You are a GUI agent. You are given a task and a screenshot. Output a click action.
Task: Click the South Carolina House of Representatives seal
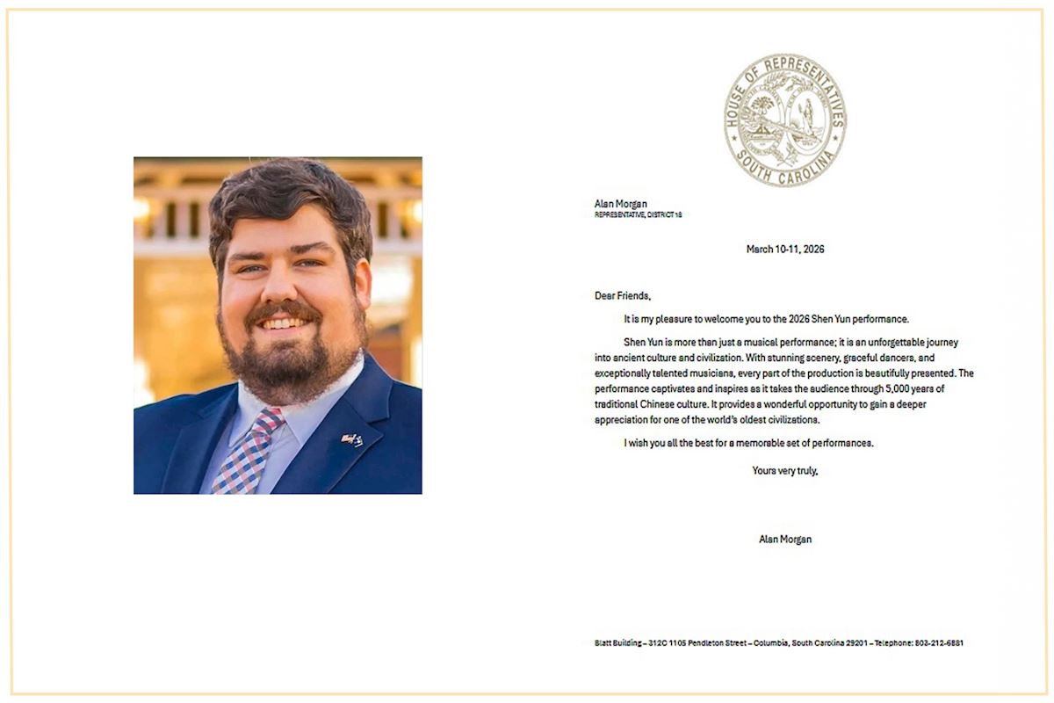point(785,120)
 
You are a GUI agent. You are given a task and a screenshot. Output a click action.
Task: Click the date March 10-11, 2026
point(785,250)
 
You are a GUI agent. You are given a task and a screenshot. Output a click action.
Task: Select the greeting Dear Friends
point(623,296)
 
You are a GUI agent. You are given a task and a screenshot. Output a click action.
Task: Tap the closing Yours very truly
point(785,471)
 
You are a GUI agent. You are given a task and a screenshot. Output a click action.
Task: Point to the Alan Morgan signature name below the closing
point(785,540)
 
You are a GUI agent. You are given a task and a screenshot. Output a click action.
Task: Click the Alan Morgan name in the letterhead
point(621,204)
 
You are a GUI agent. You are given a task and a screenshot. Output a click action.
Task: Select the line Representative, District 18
point(639,214)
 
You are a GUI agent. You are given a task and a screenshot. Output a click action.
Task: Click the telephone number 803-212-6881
point(939,643)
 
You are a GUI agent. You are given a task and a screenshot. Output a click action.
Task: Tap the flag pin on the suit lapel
point(352,440)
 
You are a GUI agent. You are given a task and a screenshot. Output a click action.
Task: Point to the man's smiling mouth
point(283,323)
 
